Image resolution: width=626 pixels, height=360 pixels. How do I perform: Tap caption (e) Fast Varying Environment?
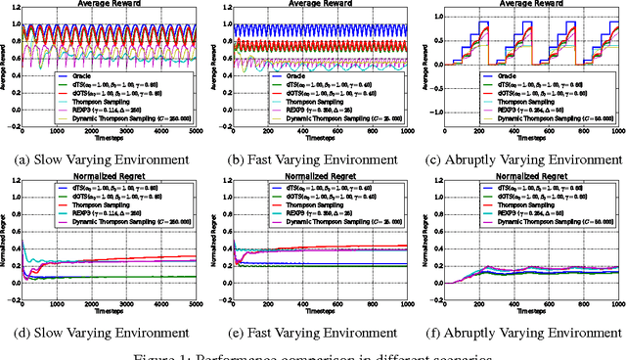[x=319, y=333]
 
